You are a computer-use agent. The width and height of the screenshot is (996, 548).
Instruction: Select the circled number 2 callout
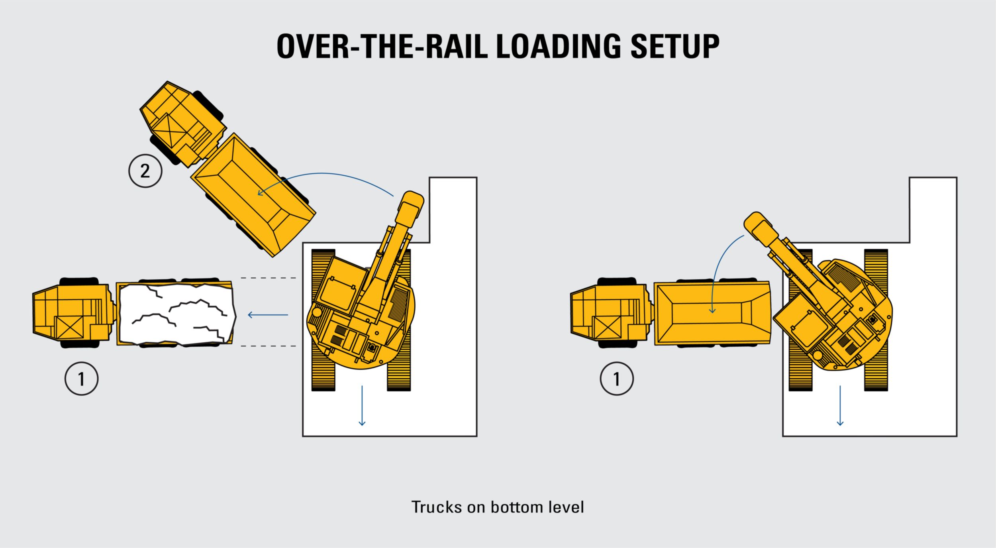pyautogui.click(x=145, y=171)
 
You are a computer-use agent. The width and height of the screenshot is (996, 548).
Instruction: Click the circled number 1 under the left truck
pyautogui.click(x=81, y=378)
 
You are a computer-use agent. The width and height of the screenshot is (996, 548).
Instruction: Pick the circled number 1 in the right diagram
pyautogui.click(x=617, y=378)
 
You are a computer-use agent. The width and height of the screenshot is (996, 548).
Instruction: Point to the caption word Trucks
pyautogui.click(x=436, y=507)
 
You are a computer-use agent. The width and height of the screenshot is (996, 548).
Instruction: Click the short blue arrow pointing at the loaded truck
pyautogui.click(x=268, y=315)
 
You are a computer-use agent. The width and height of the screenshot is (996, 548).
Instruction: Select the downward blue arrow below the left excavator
pyautogui.click(x=362, y=405)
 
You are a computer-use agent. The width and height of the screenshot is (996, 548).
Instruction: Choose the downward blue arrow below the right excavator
pyautogui.click(x=840, y=405)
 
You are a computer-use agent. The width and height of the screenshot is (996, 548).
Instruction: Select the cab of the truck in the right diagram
pyautogui.click(x=612, y=312)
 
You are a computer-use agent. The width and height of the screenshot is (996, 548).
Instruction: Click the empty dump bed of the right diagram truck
pyautogui.click(x=712, y=313)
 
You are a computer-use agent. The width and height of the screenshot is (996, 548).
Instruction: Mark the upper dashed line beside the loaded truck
pyautogui.click(x=268, y=278)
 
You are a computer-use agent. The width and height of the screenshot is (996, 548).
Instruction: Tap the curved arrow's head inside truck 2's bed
pyautogui.click(x=260, y=193)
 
